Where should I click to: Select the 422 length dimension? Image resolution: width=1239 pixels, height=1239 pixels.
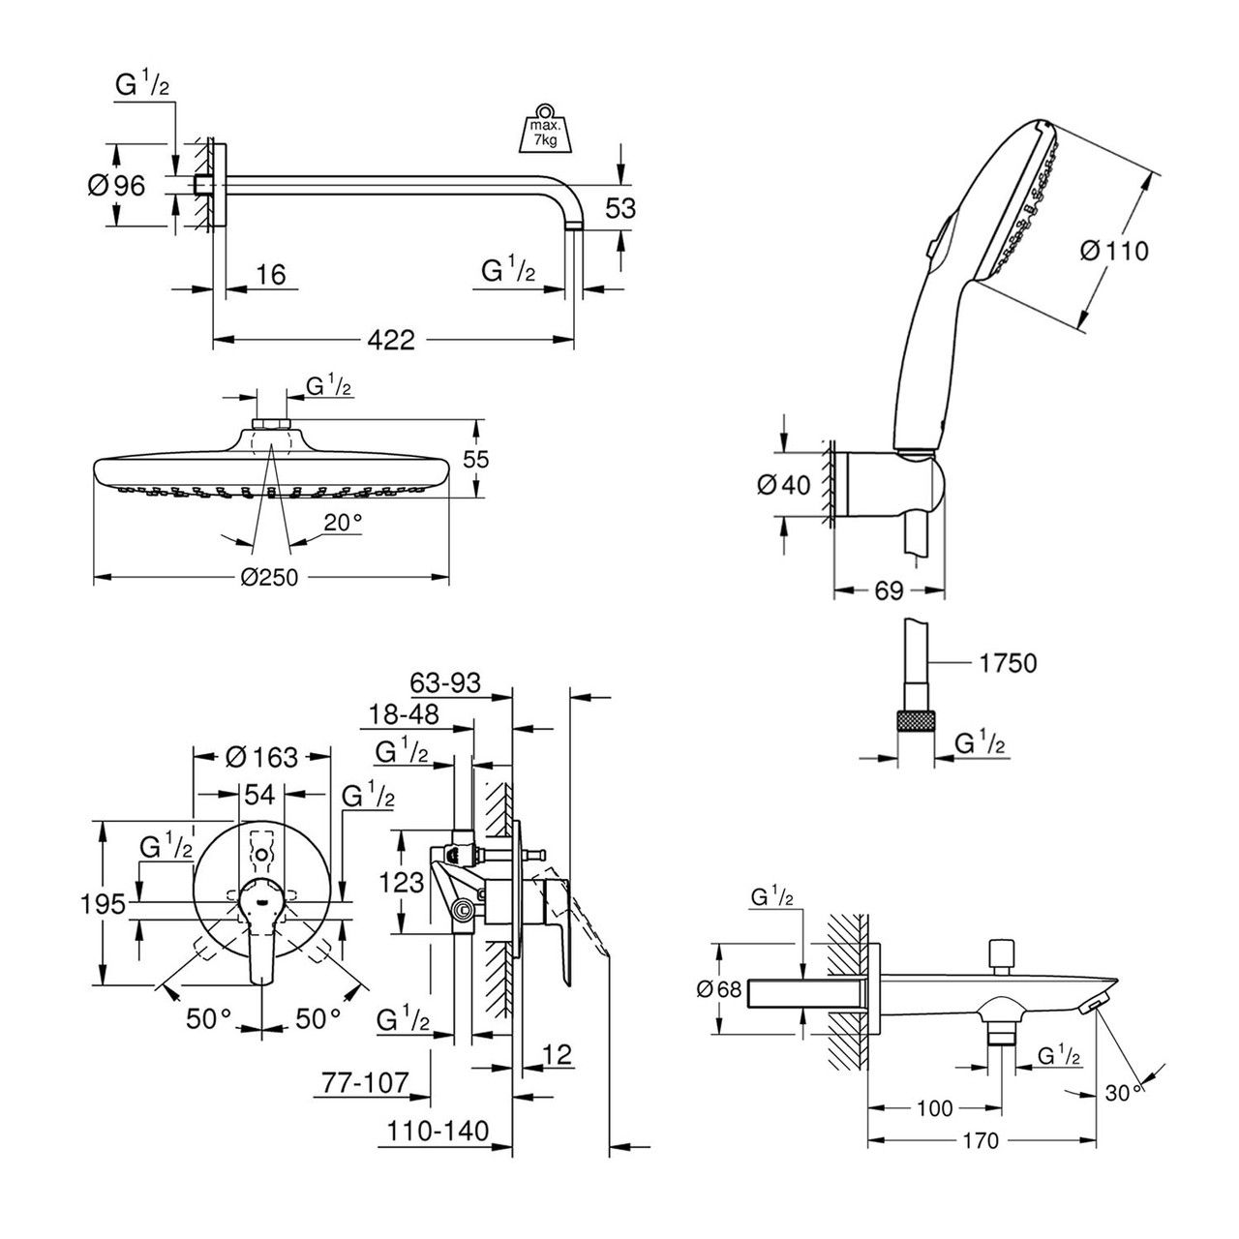(391, 340)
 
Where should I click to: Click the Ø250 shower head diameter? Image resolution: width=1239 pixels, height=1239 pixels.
(270, 578)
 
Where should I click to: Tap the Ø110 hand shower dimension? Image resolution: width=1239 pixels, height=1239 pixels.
(1113, 251)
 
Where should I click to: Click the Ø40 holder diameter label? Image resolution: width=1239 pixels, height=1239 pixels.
(782, 484)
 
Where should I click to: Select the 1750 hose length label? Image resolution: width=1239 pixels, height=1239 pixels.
(1007, 663)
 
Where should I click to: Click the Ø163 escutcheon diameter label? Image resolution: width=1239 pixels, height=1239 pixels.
(262, 756)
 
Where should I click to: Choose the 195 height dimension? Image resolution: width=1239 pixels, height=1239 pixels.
(104, 904)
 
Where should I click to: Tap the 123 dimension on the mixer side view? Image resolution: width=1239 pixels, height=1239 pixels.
(401, 882)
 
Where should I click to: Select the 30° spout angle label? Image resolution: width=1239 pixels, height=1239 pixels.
(1124, 1093)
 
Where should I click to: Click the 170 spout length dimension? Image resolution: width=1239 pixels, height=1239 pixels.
(981, 1141)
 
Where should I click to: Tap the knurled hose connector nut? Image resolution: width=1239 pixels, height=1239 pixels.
(917, 722)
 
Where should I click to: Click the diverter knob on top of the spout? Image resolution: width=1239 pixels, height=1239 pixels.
(999, 953)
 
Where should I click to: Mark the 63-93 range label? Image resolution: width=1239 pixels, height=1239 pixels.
(445, 684)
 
